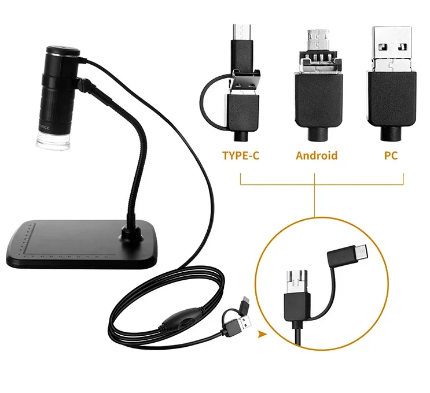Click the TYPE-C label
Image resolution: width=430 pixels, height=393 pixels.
(240, 155)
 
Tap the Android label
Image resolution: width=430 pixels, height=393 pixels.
(316, 155)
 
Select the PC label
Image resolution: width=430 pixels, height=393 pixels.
(391, 155)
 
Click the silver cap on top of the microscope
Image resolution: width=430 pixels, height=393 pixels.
(63, 51)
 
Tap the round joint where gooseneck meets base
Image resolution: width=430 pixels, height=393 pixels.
(127, 234)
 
